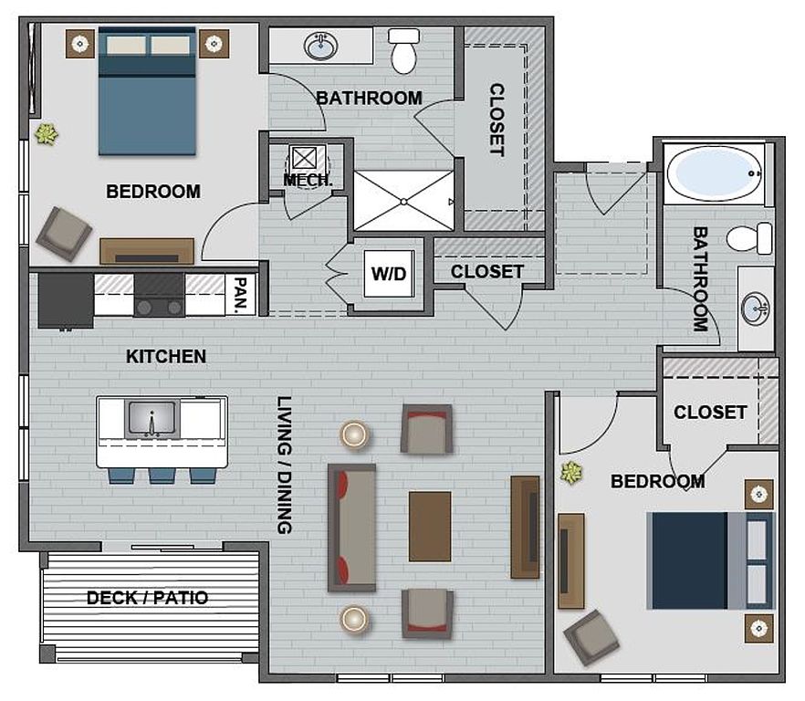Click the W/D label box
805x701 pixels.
pos(389,274)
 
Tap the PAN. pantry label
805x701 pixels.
pos(240,296)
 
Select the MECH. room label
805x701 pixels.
pos(308,180)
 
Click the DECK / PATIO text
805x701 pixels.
pos(147,598)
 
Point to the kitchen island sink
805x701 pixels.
pos(152,419)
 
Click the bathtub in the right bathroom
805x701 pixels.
pos(714,173)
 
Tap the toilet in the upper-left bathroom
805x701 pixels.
pos(404,50)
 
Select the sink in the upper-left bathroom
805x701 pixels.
pos(321,47)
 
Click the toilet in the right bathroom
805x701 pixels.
pos(749,238)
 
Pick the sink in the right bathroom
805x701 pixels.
pos(756,309)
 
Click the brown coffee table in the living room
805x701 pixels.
pos(430,527)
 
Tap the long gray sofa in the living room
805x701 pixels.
pos(351,528)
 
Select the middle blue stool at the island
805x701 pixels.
pos(162,476)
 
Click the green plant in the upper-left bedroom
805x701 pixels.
pos(47,134)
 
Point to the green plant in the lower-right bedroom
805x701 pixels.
pos(571,473)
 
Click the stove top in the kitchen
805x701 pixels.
pos(159,296)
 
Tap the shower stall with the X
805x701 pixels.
pos(403,201)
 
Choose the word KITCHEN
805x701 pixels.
pos(166,356)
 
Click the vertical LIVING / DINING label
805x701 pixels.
pos(284,465)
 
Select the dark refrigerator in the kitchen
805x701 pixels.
pos(66,300)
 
